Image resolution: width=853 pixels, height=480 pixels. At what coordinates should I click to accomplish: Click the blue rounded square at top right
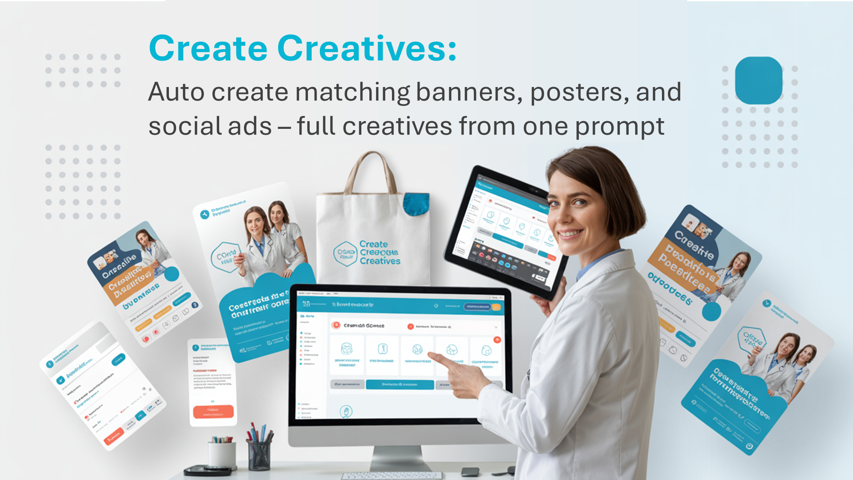pos(758,80)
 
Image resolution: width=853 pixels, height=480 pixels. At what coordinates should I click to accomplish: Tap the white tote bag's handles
pos(370,171)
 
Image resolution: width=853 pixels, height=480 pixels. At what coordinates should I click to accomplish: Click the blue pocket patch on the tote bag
pos(416,204)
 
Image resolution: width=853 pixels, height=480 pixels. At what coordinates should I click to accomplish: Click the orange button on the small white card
pos(213,411)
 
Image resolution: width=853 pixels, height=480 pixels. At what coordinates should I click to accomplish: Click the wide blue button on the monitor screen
pos(400,384)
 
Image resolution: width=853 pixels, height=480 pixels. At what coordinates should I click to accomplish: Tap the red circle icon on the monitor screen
pos(336,325)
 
